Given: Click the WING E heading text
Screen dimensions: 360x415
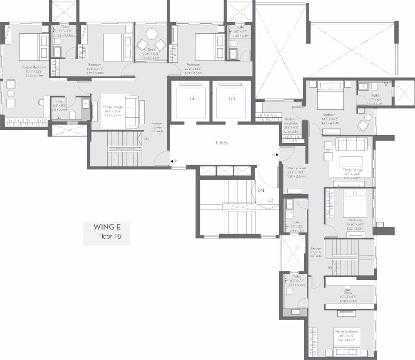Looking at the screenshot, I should (107, 227).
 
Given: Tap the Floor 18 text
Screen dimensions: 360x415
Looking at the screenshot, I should (109, 236).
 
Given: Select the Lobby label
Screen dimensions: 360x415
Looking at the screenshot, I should (222, 142).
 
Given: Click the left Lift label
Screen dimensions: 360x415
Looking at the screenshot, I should (193, 99).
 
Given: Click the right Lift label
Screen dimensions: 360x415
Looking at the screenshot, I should (231, 99).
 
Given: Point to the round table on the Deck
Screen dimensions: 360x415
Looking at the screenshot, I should (151, 35).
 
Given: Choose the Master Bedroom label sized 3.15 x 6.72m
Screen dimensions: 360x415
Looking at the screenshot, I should (32, 67).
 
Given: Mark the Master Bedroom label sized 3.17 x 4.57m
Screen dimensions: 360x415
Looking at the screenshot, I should (346, 331).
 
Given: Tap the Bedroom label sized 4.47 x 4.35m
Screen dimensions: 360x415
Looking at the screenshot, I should (329, 114).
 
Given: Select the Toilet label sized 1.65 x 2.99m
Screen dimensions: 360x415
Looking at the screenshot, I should (296, 277).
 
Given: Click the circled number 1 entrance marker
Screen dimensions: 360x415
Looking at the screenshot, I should (175, 161).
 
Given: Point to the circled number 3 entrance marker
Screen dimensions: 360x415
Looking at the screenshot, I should (274, 155).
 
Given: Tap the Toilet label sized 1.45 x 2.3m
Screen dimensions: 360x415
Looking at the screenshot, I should (240, 28).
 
